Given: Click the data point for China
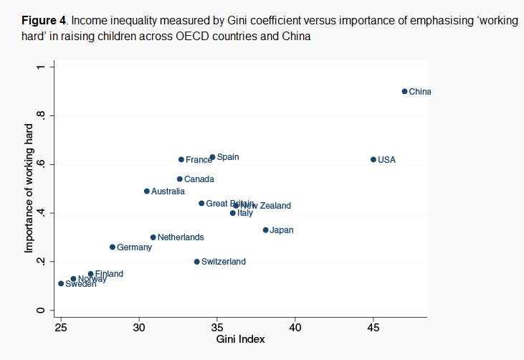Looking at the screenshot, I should pos(404,91).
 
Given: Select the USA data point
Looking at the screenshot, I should pos(373,159).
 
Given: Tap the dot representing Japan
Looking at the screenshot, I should pos(265,230).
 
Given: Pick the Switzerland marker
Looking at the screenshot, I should pos(196,262).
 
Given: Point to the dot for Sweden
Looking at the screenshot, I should pos(61,283).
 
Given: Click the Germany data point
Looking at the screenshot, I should pos(113,247).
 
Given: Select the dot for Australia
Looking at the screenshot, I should pos(147,191).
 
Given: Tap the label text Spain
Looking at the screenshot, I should pos(228,157).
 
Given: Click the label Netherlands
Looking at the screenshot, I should pos(181,237).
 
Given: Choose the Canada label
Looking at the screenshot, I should pos(199,179).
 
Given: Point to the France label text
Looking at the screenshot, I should pos(199,160).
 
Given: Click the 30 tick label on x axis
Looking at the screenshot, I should pos(139,328).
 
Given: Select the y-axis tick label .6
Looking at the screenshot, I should pos(41,164).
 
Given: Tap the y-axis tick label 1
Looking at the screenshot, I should pos(41,67).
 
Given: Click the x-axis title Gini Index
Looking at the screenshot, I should pos(240,340).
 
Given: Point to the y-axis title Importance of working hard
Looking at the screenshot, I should pos(29,189).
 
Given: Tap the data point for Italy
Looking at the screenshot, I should pos(232,213).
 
